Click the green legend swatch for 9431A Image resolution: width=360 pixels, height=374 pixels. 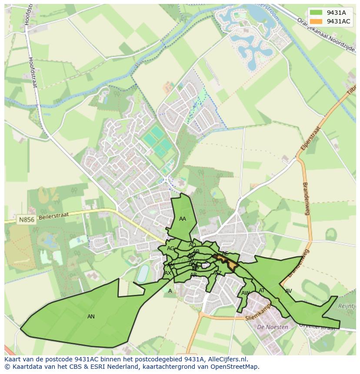point(317,13)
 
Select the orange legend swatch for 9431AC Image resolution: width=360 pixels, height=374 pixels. point(317,21)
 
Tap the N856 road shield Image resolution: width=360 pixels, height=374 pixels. point(26,220)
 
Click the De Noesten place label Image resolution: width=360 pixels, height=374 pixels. point(273,327)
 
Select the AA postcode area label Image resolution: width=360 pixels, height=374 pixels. point(183,219)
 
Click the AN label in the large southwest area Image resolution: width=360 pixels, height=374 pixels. point(91,317)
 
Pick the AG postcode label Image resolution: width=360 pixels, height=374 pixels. point(170,248)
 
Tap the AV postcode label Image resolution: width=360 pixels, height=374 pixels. point(288,291)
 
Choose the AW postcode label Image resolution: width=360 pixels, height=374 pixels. point(245,293)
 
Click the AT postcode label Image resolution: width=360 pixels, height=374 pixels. point(262,291)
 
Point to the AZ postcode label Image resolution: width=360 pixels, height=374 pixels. point(218,273)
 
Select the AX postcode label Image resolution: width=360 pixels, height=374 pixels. point(168,273)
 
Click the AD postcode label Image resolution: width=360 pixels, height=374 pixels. point(192,245)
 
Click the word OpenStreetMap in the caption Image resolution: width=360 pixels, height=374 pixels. point(235,367)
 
